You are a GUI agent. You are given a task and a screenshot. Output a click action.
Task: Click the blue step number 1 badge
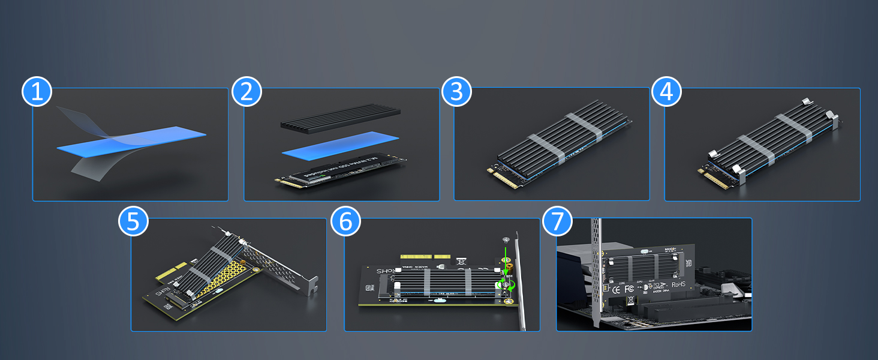pos(37,92)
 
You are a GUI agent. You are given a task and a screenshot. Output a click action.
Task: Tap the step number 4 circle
pos(667,92)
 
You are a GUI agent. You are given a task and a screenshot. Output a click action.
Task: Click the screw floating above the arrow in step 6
pos(506,239)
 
